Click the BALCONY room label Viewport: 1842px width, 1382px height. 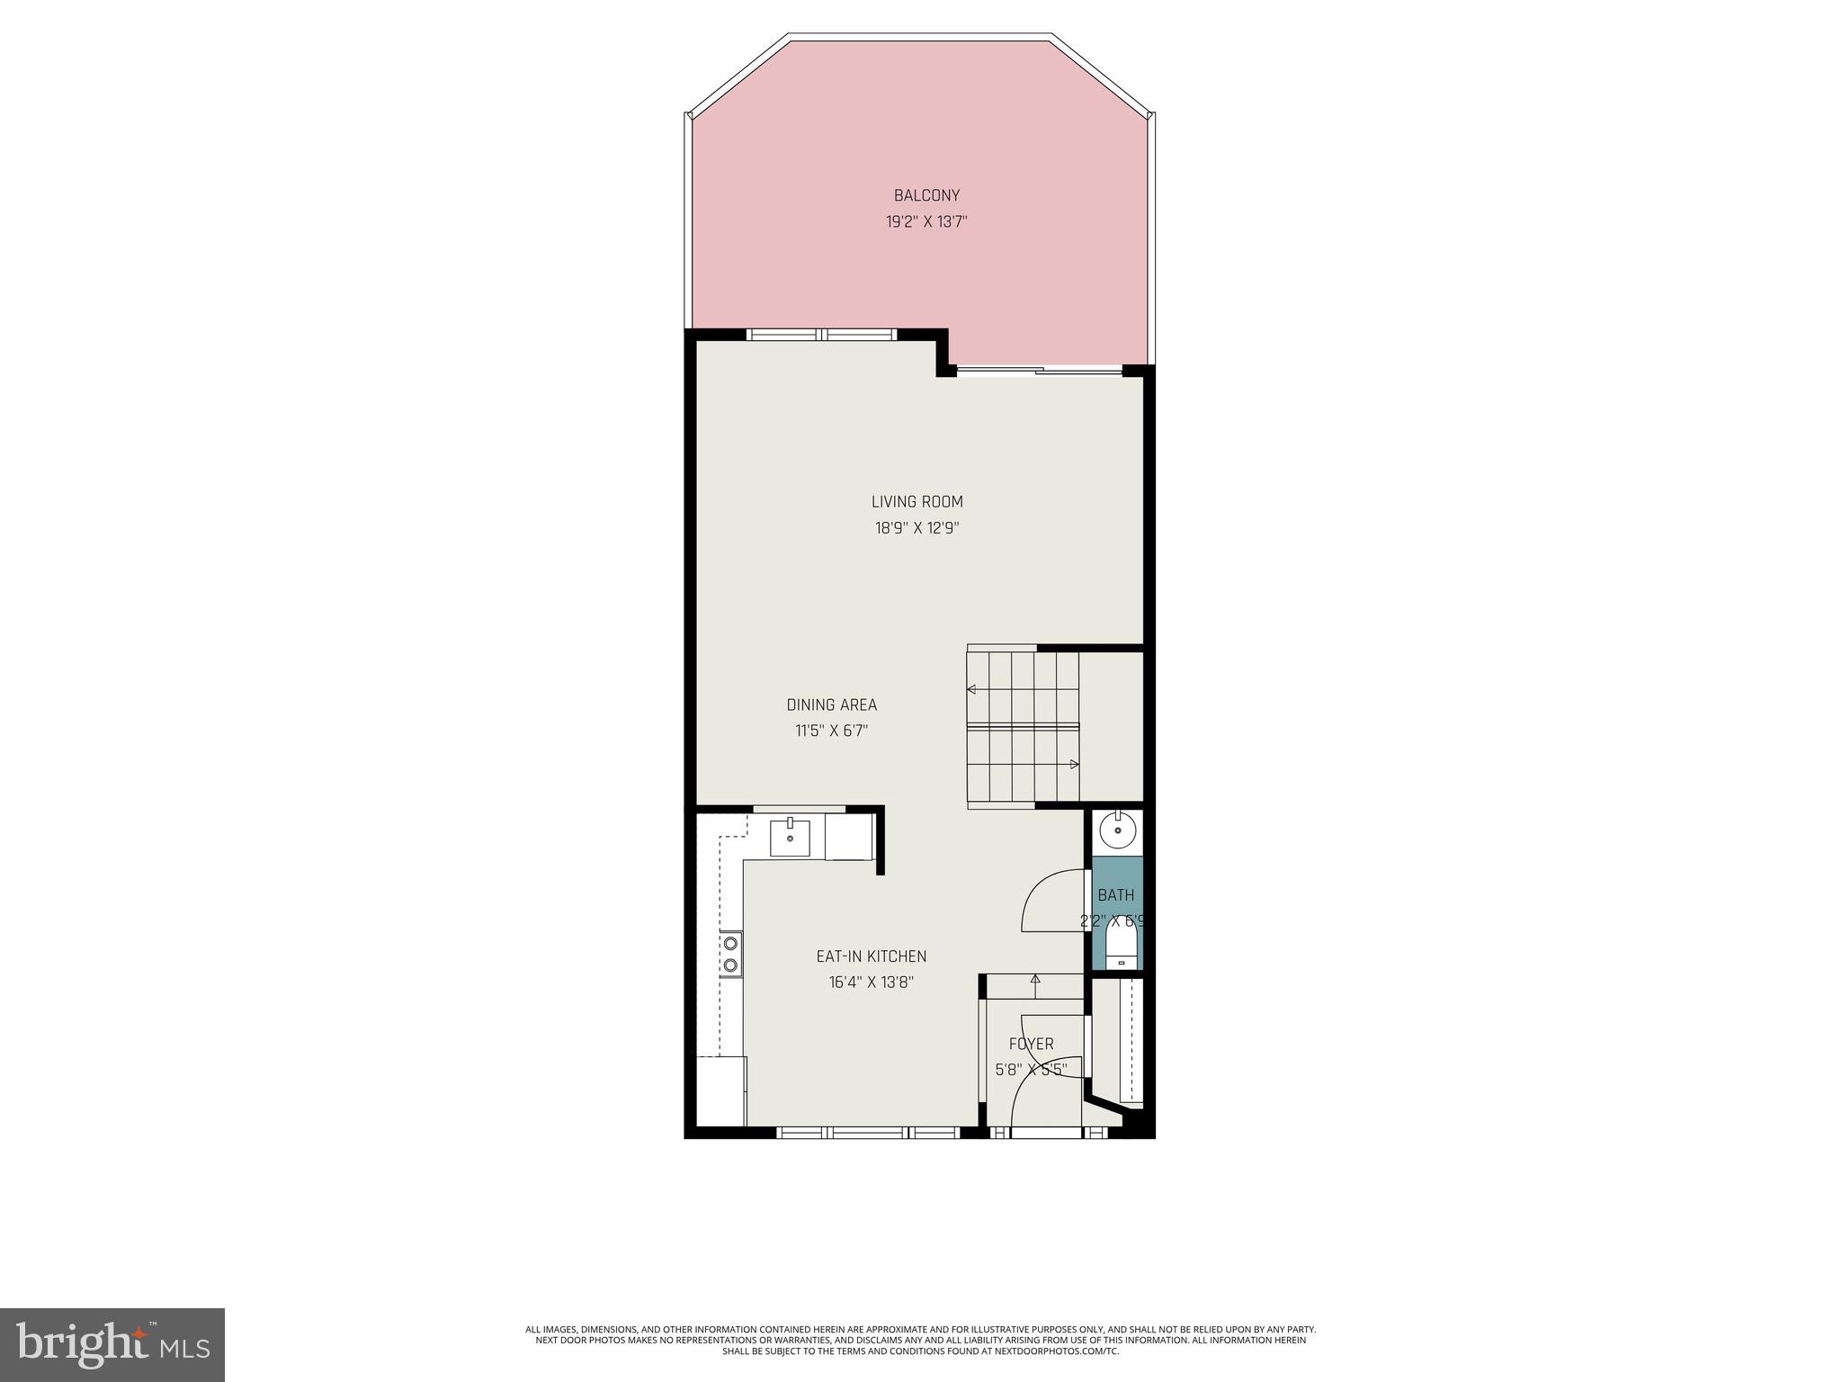coord(926,195)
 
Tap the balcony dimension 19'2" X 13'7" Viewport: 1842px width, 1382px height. coord(926,221)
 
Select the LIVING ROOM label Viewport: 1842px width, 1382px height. coord(917,502)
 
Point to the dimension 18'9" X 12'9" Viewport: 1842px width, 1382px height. coord(917,528)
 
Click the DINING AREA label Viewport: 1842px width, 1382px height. coord(831,705)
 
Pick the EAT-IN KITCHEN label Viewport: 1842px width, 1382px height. coord(871,956)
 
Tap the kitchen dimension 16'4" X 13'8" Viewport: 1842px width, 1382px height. coord(871,983)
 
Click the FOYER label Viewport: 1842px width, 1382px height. coord(1031,1044)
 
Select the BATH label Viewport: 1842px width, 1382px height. coord(1116,895)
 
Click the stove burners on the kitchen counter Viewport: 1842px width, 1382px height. coord(731,954)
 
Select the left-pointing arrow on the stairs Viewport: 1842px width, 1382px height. coord(971,690)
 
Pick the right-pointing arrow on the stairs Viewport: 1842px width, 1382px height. coord(1074,765)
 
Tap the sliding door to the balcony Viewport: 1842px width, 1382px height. coord(1039,369)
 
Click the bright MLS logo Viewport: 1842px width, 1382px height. coord(112,1344)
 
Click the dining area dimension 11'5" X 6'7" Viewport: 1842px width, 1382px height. coord(831,731)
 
